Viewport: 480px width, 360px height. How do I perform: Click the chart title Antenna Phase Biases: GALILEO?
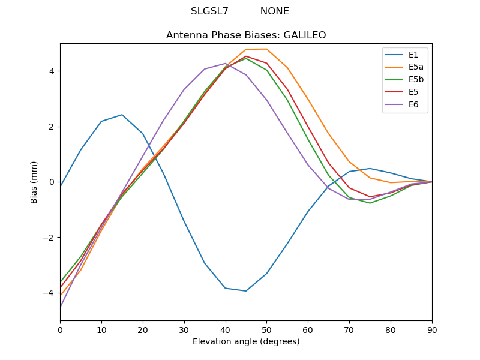(246, 35)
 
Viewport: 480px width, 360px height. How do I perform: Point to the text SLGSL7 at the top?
(209, 11)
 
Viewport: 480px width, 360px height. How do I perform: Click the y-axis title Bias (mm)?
(34, 182)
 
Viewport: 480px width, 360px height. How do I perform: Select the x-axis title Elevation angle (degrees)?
(246, 341)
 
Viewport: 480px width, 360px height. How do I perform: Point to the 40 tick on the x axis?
(226, 329)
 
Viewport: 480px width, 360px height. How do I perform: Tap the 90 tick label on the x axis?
(432, 329)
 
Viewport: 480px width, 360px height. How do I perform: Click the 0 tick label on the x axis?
(60, 329)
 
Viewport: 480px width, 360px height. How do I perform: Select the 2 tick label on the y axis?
(51, 127)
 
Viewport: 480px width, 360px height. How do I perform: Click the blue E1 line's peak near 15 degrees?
(122, 115)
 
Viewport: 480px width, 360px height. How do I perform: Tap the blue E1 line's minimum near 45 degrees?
(246, 291)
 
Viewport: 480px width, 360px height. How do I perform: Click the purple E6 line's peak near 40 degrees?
(226, 63)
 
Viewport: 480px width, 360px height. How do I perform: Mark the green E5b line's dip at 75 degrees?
(370, 203)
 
